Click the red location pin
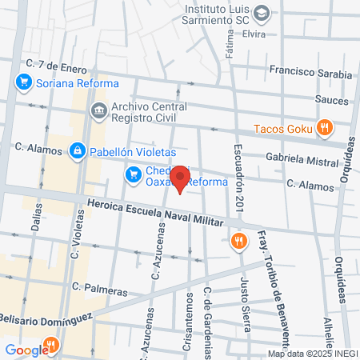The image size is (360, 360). click(x=181, y=178)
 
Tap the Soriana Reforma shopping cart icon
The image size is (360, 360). click(x=23, y=82)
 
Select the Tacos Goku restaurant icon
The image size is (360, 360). click(x=324, y=126)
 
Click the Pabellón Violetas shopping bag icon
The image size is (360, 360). click(x=77, y=149)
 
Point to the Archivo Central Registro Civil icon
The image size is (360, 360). click(x=98, y=109)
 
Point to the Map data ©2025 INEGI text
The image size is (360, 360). click(x=313, y=354)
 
